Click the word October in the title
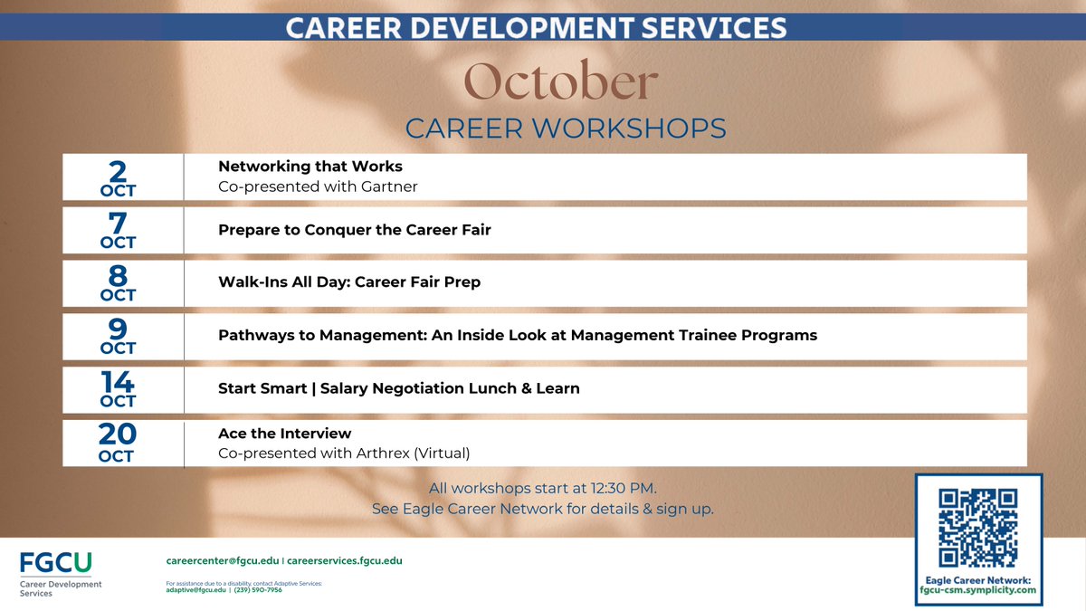[x=560, y=83]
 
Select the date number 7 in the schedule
[x=117, y=223]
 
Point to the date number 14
[x=117, y=382]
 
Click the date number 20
[x=117, y=435]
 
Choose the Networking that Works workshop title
[x=310, y=167]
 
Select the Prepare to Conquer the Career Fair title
[x=354, y=230]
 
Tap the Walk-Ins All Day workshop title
[x=348, y=282]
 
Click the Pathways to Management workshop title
[x=517, y=336]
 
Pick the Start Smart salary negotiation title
[x=398, y=388]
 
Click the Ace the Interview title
[x=284, y=434]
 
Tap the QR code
[x=977, y=528]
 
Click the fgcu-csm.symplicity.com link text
[x=978, y=590]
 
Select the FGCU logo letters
[x=55, y=563]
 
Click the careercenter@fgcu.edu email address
[x=221, y=561]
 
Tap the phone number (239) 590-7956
[x=263, y=590]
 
